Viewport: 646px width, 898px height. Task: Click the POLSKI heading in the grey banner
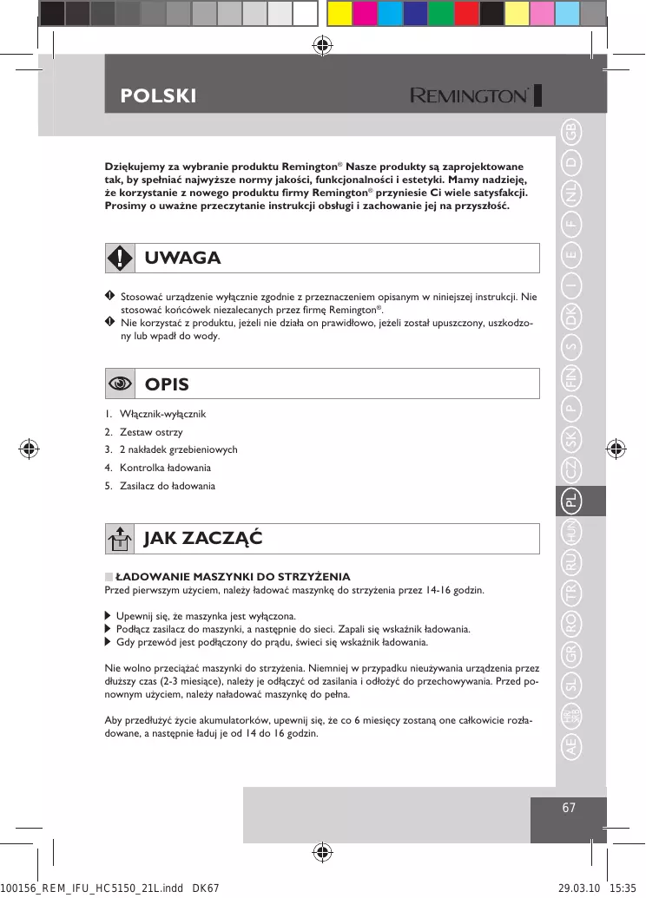(158, 95)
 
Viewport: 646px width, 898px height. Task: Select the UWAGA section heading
(182, 258)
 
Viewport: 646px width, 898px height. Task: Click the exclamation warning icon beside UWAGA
(119, 258)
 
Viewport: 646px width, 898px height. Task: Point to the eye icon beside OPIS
(119, 383)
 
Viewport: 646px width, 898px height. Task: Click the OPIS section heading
(167, 383)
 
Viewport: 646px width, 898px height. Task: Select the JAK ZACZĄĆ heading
(203, 538)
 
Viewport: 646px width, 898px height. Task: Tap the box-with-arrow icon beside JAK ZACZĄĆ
(119, 539)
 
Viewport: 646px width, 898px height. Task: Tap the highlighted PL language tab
(570, 501)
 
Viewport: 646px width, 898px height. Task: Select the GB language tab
(570, 133)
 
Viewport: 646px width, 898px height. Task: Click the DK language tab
(570, 317)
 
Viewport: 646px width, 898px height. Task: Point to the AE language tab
(570, 746)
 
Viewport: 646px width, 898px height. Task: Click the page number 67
(569, 808)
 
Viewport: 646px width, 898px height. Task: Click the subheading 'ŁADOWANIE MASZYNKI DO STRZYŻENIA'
(233, 576)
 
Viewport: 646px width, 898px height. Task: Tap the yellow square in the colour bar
(339, 13)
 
